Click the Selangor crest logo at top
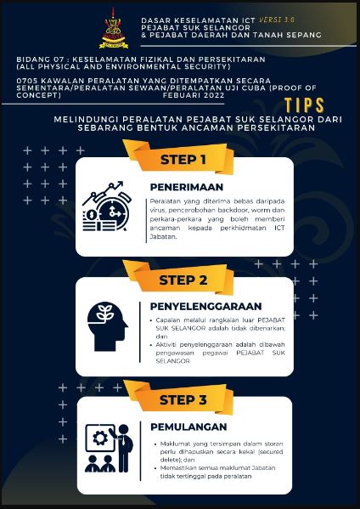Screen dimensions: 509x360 click(x=114, y=30)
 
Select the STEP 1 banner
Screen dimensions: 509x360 click(x=183, y=159)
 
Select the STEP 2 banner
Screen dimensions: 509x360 click(x=183, y=279)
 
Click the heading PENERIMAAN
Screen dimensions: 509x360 click(x=187, y=185)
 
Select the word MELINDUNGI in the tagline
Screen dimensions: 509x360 click(x=82, y=120)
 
